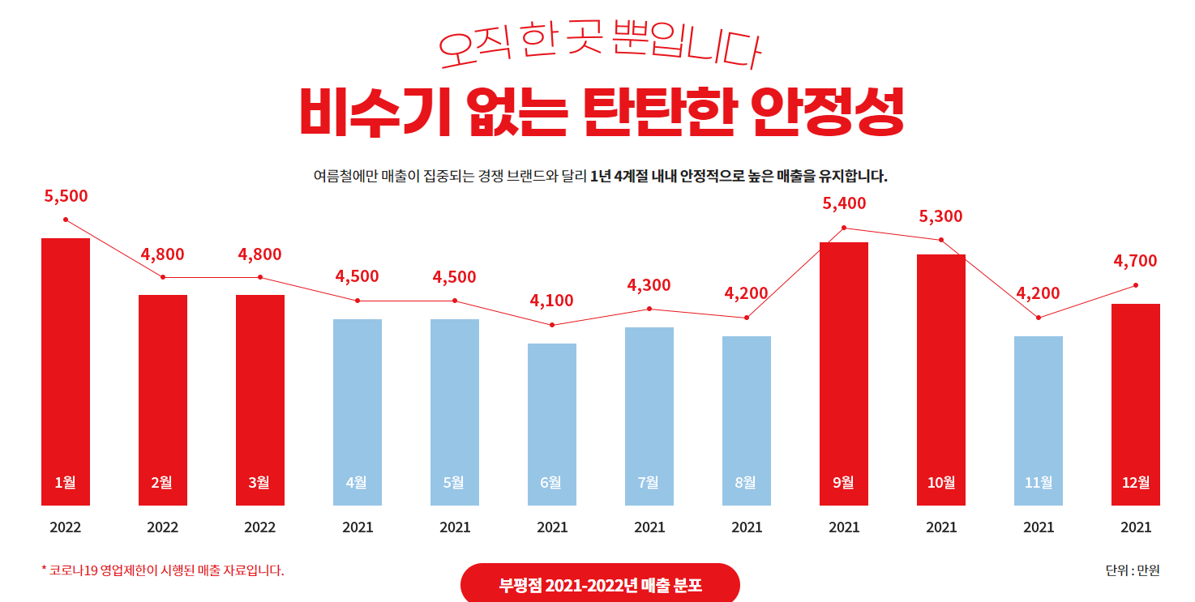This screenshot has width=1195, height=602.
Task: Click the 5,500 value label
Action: pos(66,196)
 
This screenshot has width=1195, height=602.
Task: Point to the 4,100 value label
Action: pos(552,301)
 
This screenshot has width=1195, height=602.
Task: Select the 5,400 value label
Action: pos(844,203)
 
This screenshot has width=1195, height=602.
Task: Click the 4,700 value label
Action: pos(1135,261)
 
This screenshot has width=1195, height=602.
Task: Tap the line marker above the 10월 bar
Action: pos(941,240)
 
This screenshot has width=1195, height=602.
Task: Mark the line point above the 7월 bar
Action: pos(649,309)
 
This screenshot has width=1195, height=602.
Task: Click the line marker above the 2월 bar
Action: pos(163,277)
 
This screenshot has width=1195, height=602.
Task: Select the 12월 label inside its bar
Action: pos(1135,482)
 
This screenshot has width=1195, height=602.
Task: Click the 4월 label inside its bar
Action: pos(357,482)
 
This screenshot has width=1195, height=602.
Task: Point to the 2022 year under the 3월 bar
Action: pos(260,527)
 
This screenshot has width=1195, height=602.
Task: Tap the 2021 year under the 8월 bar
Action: pos(747,527)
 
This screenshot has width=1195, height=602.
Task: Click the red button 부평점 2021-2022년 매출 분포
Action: pos(600,584)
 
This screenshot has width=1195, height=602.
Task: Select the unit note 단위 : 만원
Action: pos(1132,570)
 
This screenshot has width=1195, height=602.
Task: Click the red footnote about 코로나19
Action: pos(162,570)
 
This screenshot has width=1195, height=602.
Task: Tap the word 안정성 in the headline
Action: pos(826,112)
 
